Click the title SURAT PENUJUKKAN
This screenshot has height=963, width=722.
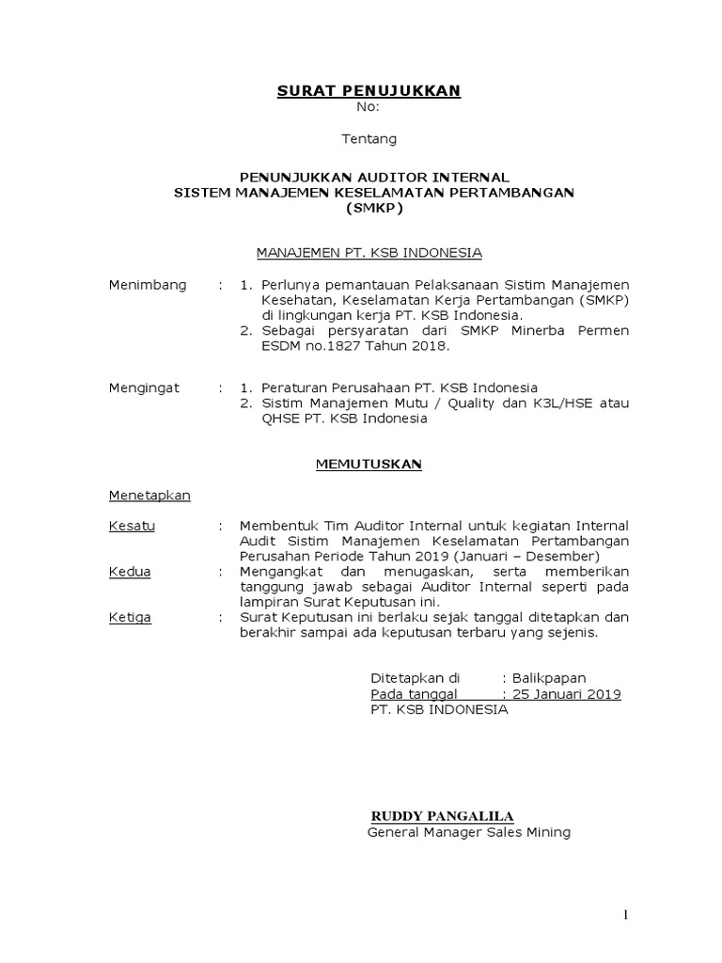tap(369, 90)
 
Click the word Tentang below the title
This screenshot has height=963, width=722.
tap(369, 139)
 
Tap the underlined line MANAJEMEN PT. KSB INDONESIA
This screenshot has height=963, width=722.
tap(369, 252)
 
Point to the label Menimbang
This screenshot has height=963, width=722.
tap(148, 285)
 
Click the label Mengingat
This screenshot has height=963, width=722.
tap(144, 387)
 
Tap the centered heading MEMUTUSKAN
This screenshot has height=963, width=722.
tap(369, 464)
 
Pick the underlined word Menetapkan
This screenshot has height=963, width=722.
tap(149, 496)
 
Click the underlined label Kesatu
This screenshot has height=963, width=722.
tap(132, 525)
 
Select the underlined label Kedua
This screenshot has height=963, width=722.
tap(130, 571)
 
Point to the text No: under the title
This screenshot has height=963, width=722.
tap(369, 107)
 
